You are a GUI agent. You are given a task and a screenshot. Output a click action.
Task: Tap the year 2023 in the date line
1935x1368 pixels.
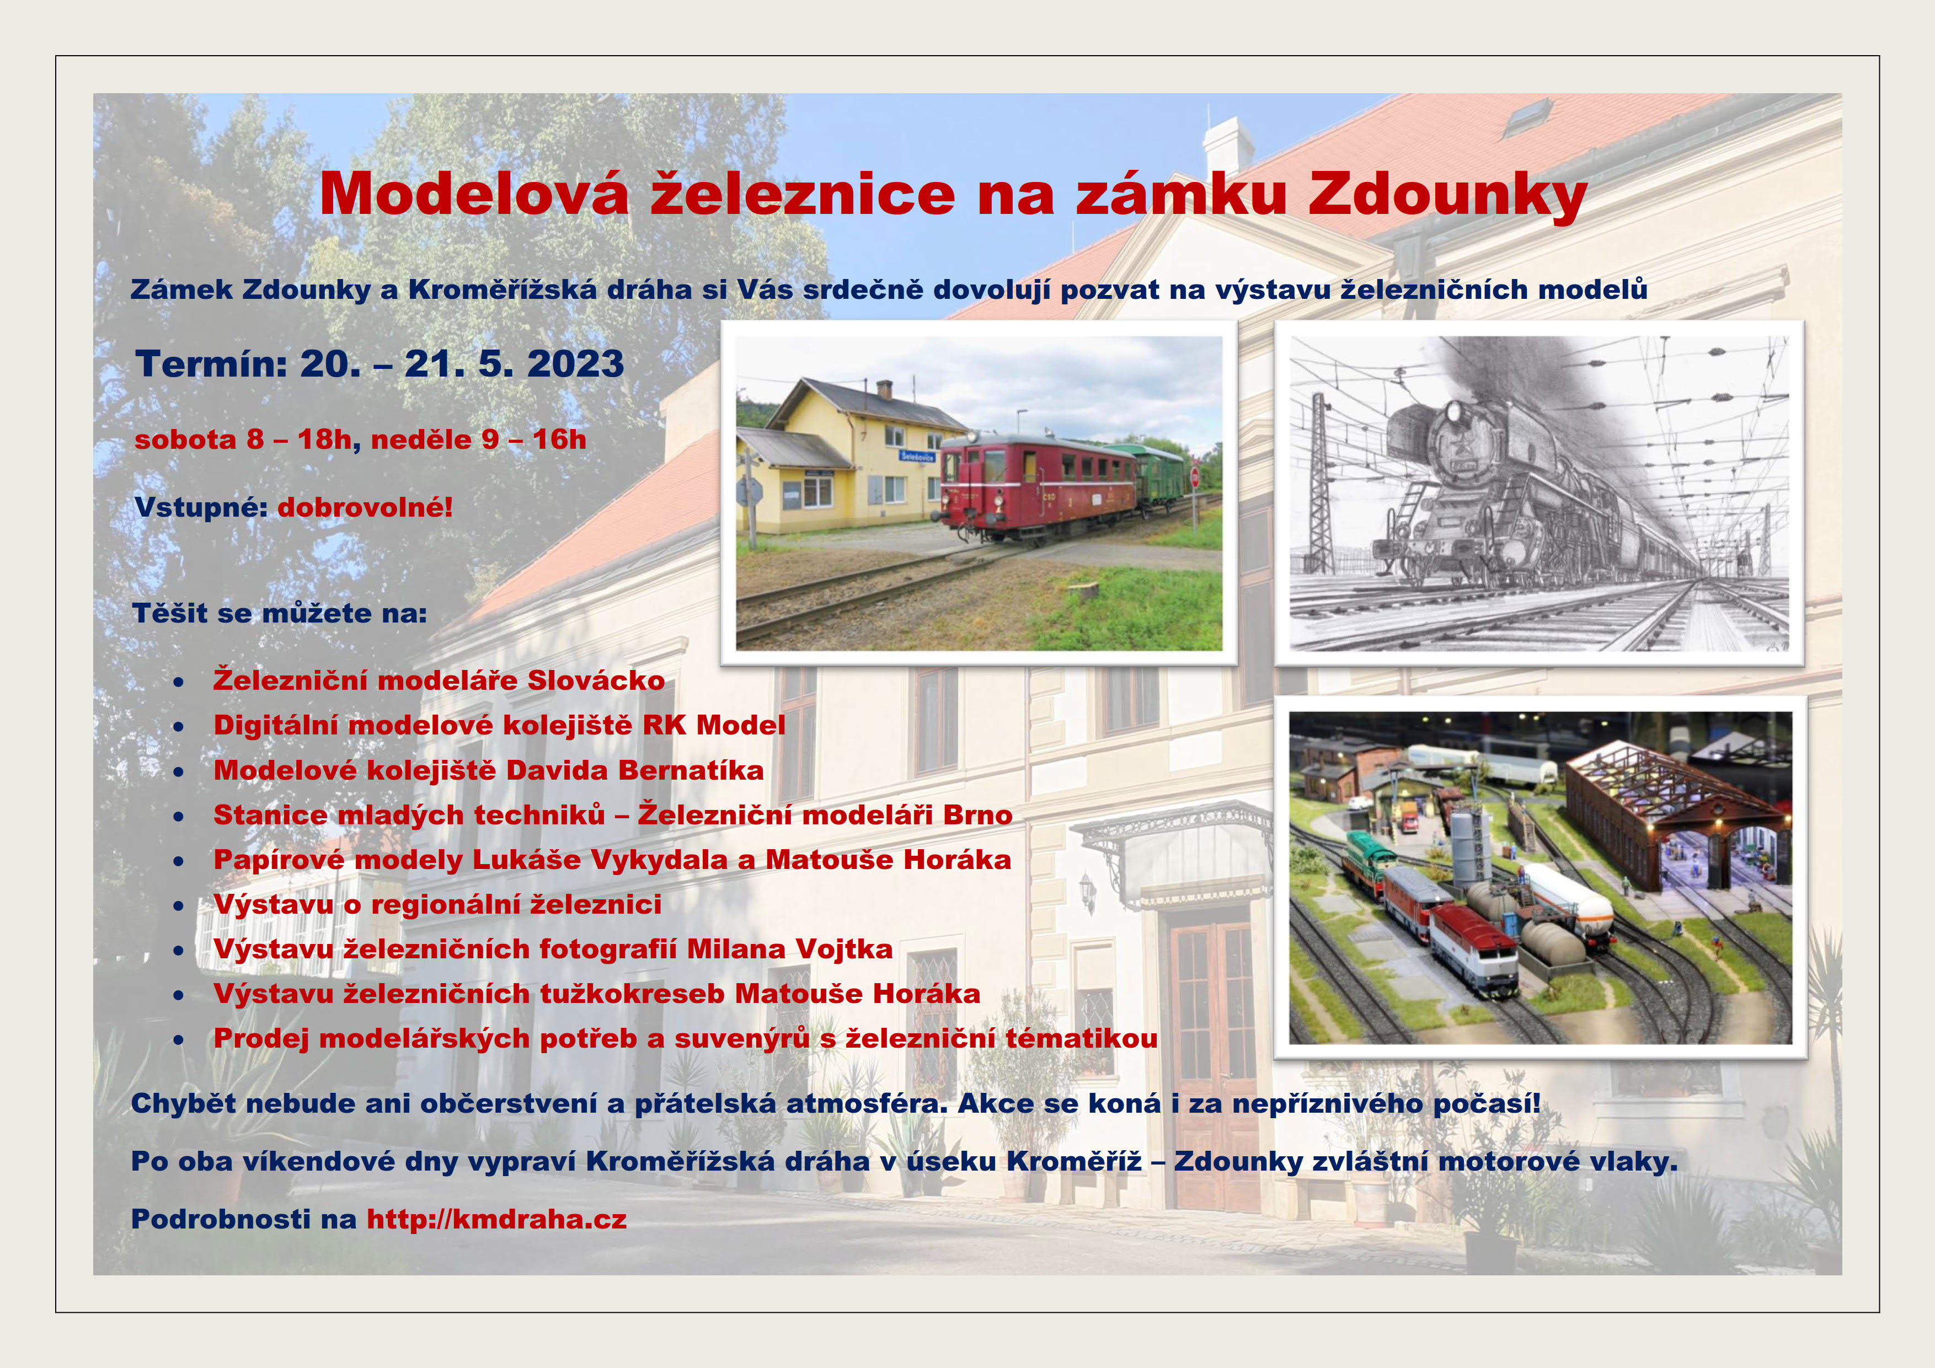[x=576, y=364]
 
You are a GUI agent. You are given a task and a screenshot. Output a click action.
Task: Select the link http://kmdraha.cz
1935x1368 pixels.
[x=496, y=1219]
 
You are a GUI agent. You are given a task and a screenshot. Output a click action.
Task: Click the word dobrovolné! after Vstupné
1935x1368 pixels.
[x=365, y=507]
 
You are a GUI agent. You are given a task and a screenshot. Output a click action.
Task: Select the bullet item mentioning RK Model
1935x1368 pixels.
[x=499, y=725]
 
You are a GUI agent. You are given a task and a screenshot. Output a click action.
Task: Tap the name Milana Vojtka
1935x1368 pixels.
[x=790, y=949]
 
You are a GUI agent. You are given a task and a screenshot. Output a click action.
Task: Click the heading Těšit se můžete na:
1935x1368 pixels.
[x=280, y=613]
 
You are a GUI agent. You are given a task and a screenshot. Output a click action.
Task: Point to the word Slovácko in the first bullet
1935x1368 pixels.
[x=596, y=680]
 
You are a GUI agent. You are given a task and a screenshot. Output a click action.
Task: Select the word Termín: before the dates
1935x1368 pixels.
[x=211, y=364]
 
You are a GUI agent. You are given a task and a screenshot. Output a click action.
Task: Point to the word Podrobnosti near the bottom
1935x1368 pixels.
[x=221, y=1219]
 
